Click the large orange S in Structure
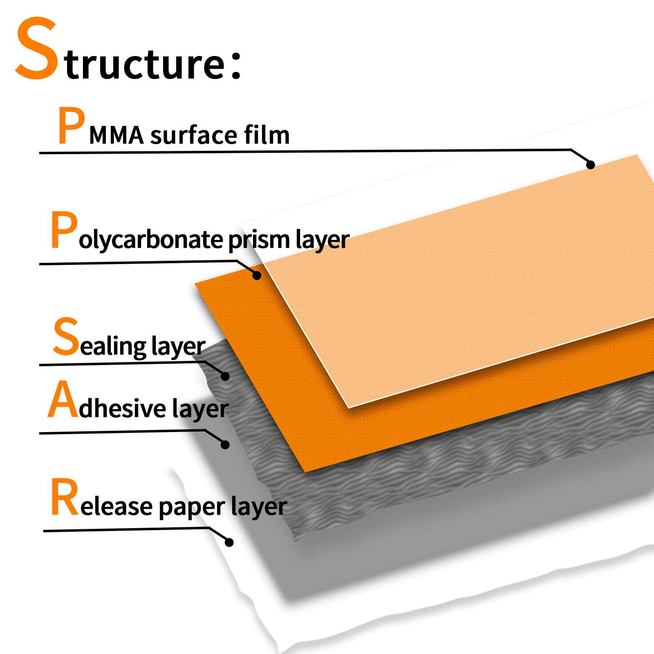(36, 48)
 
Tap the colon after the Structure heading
(236, 64)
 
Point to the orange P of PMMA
(72, 125)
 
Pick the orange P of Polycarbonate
(64, 230)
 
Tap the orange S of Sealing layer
(65, 337)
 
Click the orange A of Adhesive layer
(63, 399)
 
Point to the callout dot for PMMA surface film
(590, 165)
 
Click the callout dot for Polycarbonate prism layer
(257, 275)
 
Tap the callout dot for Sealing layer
(225, 376)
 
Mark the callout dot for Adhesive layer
(225, 445)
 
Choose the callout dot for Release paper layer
(229, 542)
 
